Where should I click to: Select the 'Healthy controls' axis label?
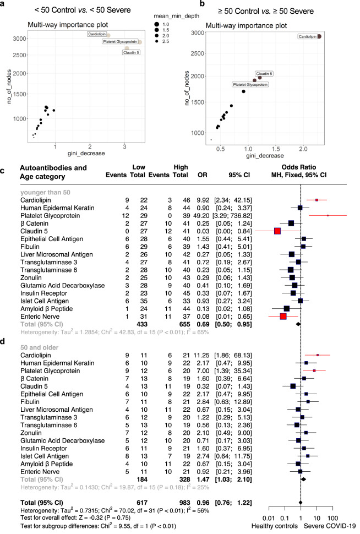(272, 527)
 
